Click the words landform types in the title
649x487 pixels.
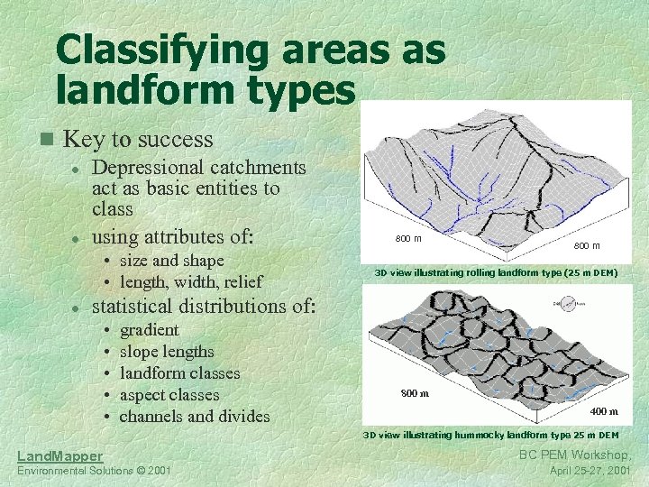pyautogui.click(x=206, y=90)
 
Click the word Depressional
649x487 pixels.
pyautogui.click(x=149, y=168)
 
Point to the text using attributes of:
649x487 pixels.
pyautogui.click(x=173, y=237)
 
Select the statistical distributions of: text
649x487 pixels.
pyautogui.click(x=204, y=306)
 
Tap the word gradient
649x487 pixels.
pyautogui.click(x=149, y=330)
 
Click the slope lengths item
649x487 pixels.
pyautogui.click(x=167, y=352)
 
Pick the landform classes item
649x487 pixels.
pyautogui.click(x=179, y=373)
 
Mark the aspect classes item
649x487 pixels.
pyautogui.click(x=169, y=395)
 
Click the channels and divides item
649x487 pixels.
pyautogui.click(x=194, y=417)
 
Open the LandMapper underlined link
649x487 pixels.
pyautogui.click(x=59, y=456)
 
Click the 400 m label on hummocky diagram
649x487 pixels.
pyautogui.click(x=603, y=411)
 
